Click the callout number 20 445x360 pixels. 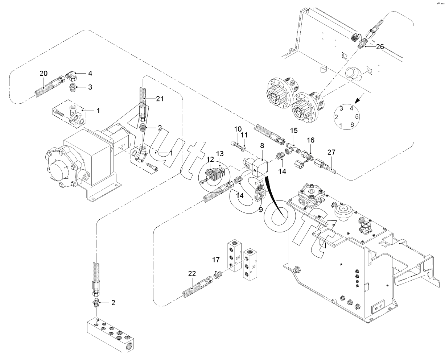click(x=44, y=74)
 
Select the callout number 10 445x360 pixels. click(x=238, y=129)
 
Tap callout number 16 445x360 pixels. click(x=310, y=140)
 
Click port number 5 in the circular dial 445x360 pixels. click(x=357, y=116)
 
